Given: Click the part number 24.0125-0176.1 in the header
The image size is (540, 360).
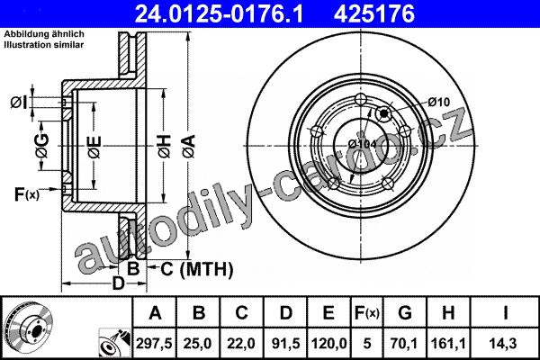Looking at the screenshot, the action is coord(219,13).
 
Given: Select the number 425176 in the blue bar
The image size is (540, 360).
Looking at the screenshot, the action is coord(374,13).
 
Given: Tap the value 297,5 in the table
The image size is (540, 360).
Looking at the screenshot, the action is coord(154,344).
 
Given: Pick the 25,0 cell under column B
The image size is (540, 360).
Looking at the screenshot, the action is coord(198,344).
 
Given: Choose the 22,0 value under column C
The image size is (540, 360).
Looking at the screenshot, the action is coord(241,344).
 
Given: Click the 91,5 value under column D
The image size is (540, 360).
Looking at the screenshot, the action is coord(285,344).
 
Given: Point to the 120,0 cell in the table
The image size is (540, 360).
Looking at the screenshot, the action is coord(328,344).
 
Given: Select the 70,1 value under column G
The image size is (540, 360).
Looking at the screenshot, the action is coord(405,344).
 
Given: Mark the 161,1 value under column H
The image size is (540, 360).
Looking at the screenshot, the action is coord(448,344).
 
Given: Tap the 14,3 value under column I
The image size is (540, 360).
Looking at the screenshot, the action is coord(505,344).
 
